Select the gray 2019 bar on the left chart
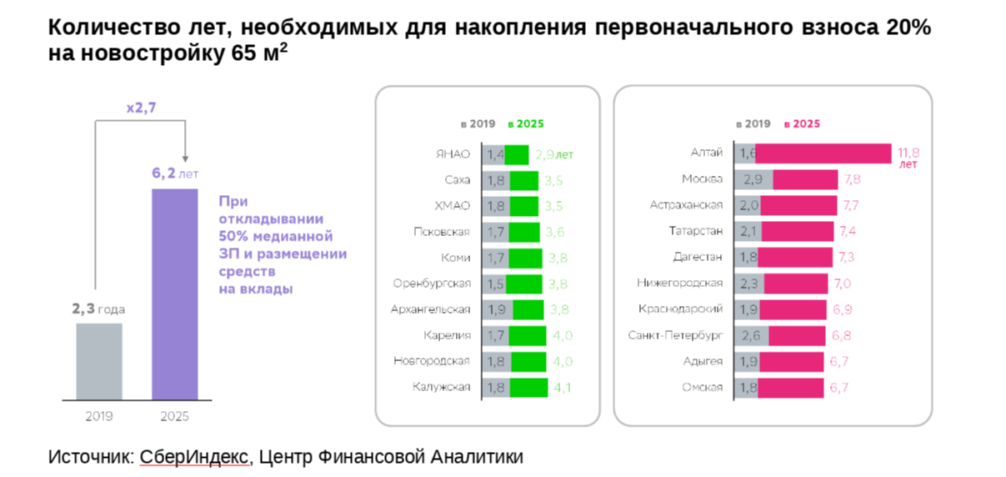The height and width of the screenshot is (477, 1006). click(x=99, y=361)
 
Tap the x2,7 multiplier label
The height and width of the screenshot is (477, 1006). click(x=140, y=108)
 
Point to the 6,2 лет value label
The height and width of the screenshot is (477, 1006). click(x=174, y=174)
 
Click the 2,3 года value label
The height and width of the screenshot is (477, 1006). click(x=98, y=309)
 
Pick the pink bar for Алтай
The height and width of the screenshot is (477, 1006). click(x=824, y=154)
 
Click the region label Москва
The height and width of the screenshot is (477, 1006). click(x=703, y=179)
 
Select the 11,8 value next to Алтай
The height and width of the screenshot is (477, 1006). click(x=908, y=153)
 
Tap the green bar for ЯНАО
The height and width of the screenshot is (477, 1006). click(x=517, y=155)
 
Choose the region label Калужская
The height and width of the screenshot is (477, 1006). click(x=442, y=387)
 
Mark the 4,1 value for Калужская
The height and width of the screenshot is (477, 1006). click(x=563, y=388)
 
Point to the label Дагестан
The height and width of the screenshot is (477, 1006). click(x=698, y=257)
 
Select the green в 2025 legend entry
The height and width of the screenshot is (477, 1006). click(x=525, y=123)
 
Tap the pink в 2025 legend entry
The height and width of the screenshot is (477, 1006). click(x=802, y=123)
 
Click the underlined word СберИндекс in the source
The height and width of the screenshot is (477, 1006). click(x=193, y=457)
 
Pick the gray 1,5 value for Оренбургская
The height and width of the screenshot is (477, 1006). click(x=495, y=284)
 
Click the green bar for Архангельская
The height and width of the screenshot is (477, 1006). click(x=528, y=309)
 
